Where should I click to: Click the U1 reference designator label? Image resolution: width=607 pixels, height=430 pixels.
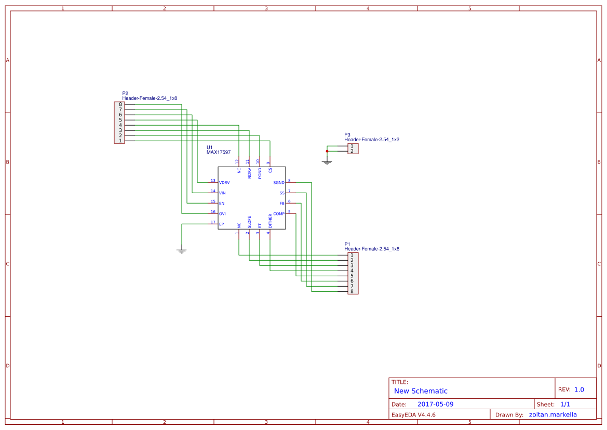click(210, 147)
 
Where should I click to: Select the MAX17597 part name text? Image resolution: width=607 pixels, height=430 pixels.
click(219, 152)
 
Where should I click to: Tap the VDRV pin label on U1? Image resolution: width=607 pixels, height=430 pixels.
click(225, 183)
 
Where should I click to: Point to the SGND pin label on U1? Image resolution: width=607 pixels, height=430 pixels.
click(279, 183)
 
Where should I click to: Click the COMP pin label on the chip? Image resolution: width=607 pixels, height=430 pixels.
click(279, 214)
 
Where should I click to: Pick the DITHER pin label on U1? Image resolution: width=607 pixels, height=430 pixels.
click(270, 221)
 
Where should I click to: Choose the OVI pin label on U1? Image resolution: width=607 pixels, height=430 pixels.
click(222, 214)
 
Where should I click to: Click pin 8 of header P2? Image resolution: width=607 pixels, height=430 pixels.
click(120, 104)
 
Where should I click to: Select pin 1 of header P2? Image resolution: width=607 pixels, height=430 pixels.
click(120, 141)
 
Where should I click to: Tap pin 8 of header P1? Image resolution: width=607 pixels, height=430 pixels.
click(352, 291)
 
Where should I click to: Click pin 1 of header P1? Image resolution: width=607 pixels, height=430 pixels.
click(352, 255)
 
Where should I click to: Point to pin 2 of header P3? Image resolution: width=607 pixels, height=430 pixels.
click(352, 151)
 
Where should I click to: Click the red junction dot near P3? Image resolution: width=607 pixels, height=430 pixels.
click(327, 151)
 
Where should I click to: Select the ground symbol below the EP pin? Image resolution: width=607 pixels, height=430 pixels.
click(182, 251)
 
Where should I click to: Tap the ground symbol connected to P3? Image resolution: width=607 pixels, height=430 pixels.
click(327, 163)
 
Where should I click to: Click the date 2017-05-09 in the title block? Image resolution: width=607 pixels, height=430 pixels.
click(435, 404)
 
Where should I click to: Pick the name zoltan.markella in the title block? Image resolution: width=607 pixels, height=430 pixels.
click(552, 414)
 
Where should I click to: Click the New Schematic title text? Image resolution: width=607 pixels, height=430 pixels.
click(421, 391)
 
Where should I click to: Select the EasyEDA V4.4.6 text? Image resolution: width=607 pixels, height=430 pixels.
click(413, 414)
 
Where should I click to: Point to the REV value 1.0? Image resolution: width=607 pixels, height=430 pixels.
click(579, 389)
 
